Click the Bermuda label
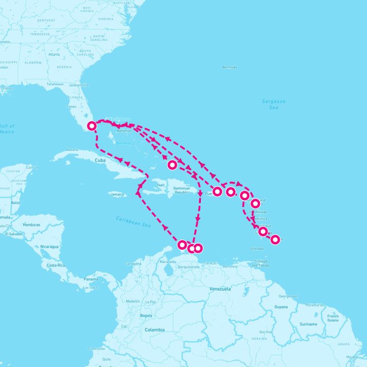[230, 67]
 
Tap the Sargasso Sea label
[273, 104]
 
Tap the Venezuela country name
[220, 289]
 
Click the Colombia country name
[154, 330]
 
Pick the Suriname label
[308, 324]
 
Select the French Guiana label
[333, 318]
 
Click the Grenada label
[257, 249]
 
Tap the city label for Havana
[72, 150]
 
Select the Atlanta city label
[54, 54]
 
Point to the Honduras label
[31, 225]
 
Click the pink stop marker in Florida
[92, 126]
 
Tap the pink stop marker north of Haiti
[172, 165]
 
